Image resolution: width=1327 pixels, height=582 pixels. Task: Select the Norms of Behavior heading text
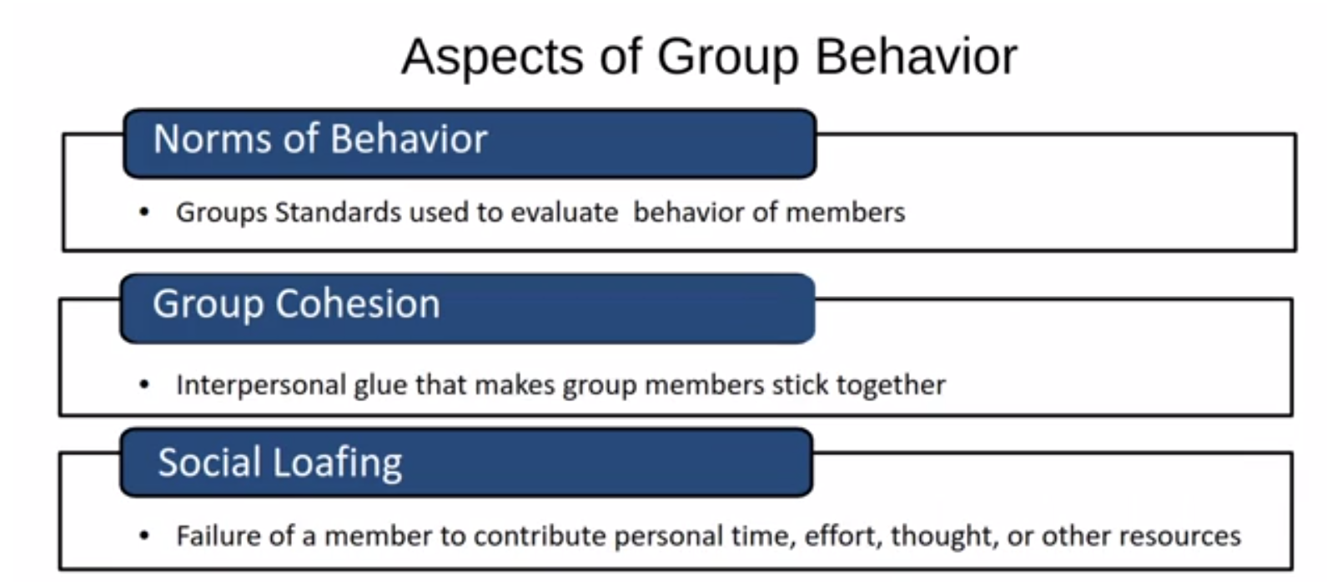(x=320, y=139)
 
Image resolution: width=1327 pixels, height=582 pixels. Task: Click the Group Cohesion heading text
(x=296, y=304)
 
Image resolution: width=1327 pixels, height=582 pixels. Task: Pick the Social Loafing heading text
(x=280, y=463)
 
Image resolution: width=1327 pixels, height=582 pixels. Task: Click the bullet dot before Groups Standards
(x=144, y=213)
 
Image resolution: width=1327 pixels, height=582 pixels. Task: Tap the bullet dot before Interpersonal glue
(x=144, y=385)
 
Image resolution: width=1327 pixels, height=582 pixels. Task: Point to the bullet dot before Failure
(x=144, y=535)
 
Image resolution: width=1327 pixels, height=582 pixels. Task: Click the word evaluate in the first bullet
(x=564, y=213)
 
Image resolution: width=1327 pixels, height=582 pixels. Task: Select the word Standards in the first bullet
(x=338, y=213)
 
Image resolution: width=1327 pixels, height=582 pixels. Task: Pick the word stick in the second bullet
(x=799, y=385)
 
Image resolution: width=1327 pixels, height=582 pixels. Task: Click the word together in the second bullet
(x=891, y=386)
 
